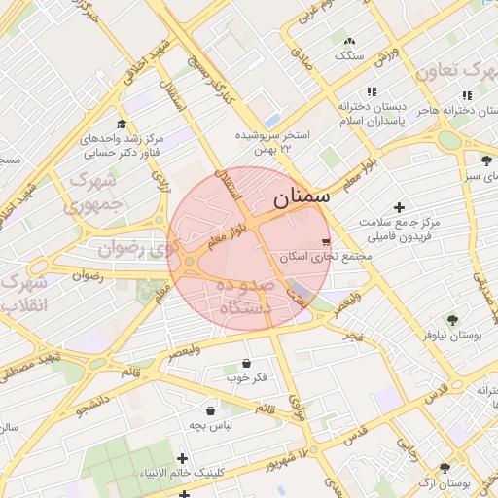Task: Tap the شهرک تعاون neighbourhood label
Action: [451, 71]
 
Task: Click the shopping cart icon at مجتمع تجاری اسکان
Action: [325, 241]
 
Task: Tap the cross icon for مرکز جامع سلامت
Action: [398, 207]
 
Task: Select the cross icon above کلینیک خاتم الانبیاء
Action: [182, 457]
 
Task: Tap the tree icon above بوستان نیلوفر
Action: [451, 319]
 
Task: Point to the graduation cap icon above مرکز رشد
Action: [122, 124]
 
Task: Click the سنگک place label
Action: [348, 55]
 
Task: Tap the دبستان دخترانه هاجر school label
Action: [452, 111]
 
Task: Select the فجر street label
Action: [351, 336]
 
